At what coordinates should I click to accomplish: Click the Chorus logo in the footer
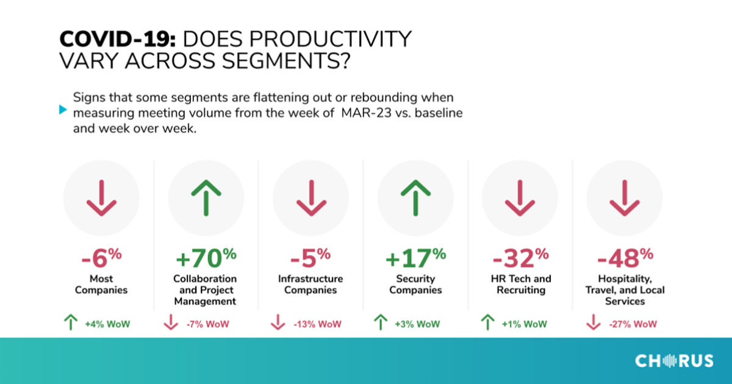[x=674, y=361]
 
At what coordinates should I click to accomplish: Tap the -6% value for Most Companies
[x=101, y=258]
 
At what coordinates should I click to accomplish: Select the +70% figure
[x=206, y=258]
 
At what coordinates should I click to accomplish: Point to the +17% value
[x=415, y=258]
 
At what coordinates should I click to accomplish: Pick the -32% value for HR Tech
[x=520, y=258]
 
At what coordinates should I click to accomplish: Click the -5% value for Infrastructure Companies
[x=310, y=258]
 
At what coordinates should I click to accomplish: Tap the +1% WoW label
[x=525, y=324]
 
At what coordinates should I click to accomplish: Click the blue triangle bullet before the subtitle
[x=62, y=110]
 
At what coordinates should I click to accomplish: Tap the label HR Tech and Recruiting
[x=520, y=284]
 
